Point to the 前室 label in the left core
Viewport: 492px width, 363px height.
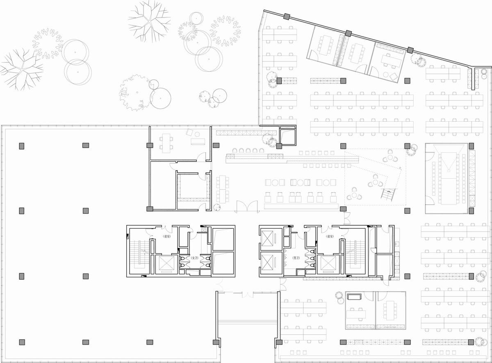167,236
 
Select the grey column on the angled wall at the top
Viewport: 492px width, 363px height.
348,33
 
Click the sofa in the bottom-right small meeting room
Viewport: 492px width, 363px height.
353,296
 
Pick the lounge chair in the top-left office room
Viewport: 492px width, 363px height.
190,132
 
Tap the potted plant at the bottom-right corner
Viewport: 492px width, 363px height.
479,341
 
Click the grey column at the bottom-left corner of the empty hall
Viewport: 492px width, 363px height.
22,342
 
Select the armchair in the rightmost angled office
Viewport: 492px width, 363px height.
393,76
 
